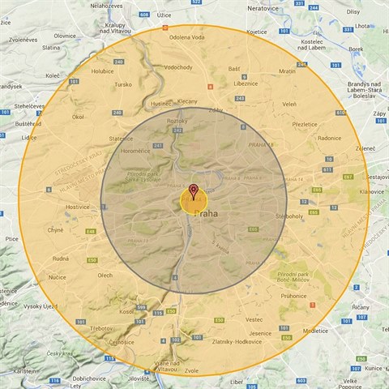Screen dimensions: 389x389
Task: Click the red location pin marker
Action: [x=193, y=192]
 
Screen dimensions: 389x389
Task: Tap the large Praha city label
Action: [x=207, y=213]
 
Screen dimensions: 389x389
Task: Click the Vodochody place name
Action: [x=177, y=68]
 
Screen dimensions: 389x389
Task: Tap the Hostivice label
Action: [x=78, y=207]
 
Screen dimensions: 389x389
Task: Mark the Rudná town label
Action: [x=60, y=259]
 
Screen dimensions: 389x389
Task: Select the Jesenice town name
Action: [x=261, y=333]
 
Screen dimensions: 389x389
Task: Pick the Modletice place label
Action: [x=315, y=331]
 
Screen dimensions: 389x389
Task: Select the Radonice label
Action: [x=330, y=138]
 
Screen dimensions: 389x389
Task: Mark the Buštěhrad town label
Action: [x=28, y=124]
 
